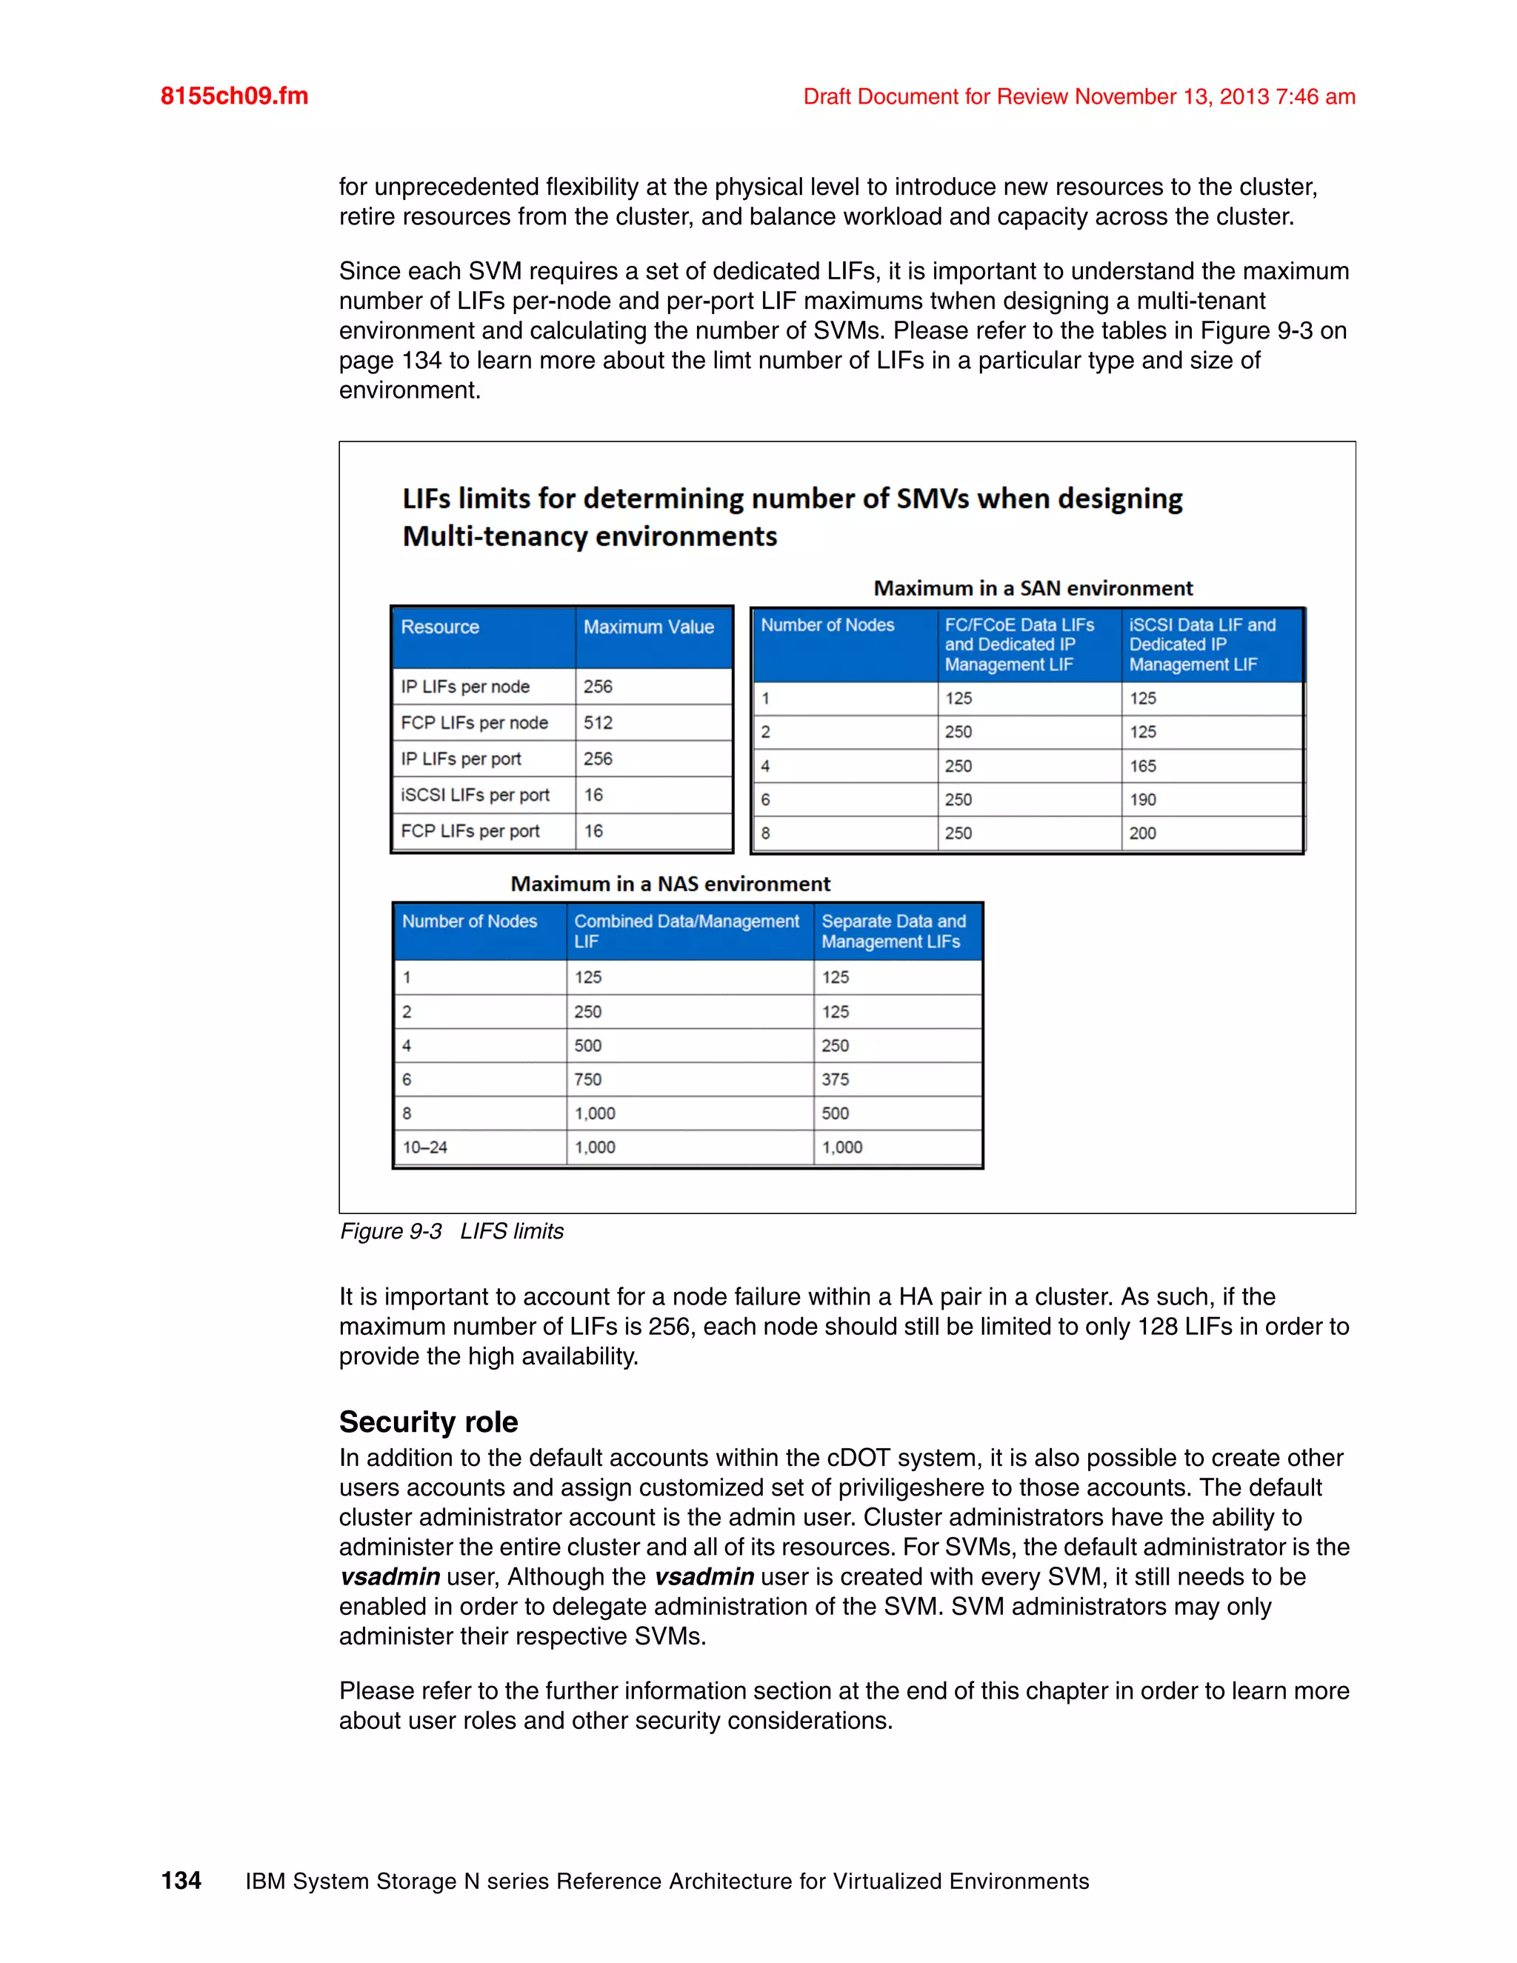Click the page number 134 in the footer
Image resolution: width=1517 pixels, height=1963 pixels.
[181, 1880]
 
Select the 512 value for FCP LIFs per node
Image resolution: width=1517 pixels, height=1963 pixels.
[598, 723]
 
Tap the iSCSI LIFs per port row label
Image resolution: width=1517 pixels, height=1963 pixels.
[475, 796]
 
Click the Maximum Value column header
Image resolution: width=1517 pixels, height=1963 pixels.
[648, 627]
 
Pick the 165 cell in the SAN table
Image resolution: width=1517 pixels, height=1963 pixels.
[1142, 767]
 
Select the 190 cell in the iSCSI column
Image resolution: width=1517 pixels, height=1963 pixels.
[1142, 800]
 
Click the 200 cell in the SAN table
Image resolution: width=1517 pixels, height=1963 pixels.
[1142, 833]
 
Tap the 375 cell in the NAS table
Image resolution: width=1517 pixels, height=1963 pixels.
[835, 1079]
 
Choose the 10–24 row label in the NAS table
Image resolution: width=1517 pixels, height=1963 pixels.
[424, 1147]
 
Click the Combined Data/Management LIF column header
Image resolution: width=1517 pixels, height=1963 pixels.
[686, 931]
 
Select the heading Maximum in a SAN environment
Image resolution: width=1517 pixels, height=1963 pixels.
[1033, 589]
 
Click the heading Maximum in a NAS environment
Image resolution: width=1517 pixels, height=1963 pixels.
[670, 884]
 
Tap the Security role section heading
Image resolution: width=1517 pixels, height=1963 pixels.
[428, 1422]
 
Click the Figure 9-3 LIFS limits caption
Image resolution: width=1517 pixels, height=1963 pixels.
[451, 1231]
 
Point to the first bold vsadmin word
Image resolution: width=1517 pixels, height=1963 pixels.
[390, 1577]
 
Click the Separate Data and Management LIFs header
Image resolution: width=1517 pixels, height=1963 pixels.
[893, 931]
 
